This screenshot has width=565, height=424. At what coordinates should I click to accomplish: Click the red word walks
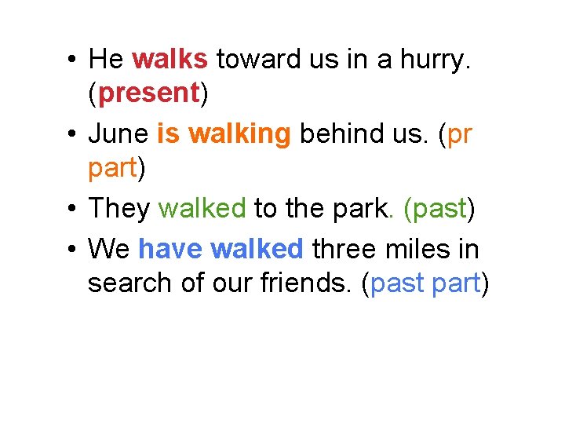point(170,58)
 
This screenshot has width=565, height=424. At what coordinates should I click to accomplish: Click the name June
point(118,134)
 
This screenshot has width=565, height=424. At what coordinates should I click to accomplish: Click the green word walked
point(202,208)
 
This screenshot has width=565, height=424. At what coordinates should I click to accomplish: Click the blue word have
point(170,249)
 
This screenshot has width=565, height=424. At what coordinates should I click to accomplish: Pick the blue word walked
point(257,249)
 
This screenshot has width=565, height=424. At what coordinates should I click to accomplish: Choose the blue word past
point(398,284)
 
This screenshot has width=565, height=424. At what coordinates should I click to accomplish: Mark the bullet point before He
point(71,59)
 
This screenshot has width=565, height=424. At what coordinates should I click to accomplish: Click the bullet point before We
point(71,250)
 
